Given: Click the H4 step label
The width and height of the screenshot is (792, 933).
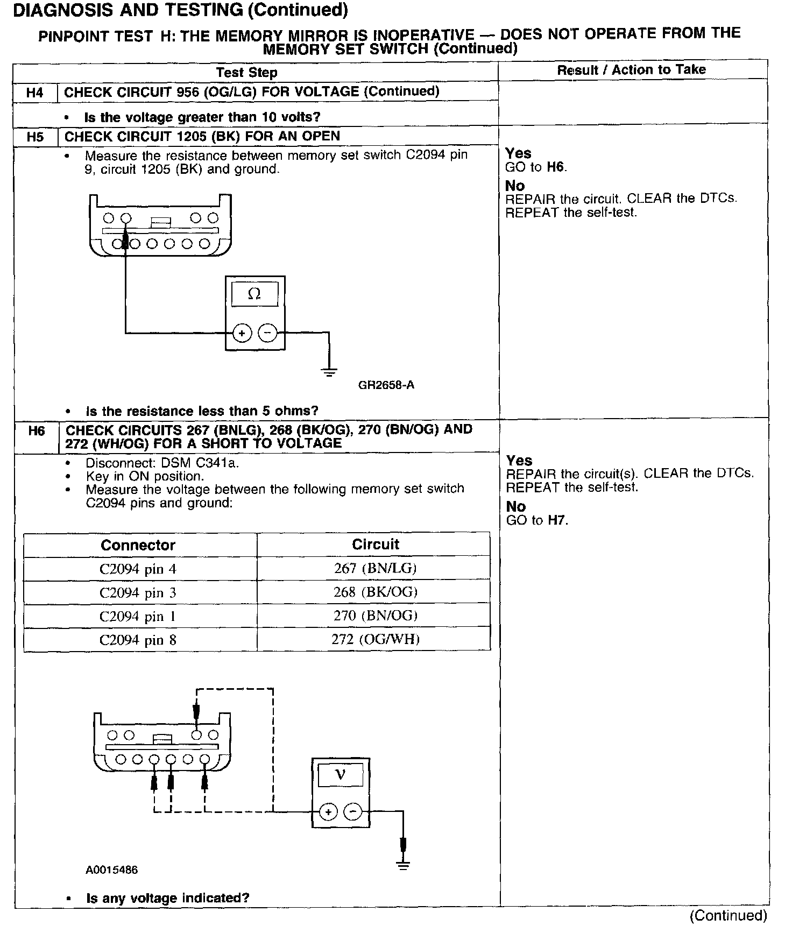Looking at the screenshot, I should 34,93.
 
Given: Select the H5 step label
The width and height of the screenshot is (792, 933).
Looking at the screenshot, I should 35,137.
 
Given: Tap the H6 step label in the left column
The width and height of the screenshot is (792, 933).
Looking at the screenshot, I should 36,431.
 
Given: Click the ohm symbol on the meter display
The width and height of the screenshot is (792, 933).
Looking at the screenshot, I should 254,294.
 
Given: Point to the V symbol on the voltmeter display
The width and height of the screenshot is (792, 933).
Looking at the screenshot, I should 340,775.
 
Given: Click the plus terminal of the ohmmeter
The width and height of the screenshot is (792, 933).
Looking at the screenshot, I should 242,334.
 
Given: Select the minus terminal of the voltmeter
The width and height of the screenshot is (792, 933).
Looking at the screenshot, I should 353,812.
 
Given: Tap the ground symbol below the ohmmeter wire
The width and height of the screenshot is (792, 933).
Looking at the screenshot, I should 329,372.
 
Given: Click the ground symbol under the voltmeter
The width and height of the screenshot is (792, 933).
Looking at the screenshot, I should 403,865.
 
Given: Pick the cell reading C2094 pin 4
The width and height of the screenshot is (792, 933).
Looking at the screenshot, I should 138,569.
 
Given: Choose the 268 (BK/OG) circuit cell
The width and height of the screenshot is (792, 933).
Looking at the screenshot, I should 375,592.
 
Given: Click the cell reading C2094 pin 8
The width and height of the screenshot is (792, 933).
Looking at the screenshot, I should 138,640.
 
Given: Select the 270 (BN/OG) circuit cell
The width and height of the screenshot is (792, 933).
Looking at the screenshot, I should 375,616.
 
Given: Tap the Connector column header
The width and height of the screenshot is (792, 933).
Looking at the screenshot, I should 138,545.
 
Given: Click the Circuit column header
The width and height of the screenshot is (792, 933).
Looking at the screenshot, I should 375,545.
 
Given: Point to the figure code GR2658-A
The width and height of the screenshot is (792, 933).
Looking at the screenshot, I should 386,385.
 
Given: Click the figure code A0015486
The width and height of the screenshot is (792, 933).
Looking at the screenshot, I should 111,870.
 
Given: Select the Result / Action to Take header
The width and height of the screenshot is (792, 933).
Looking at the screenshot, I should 631,70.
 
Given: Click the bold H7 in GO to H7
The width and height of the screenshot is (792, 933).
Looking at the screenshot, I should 557,520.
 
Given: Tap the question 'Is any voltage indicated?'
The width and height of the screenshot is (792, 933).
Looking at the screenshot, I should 167,898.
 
